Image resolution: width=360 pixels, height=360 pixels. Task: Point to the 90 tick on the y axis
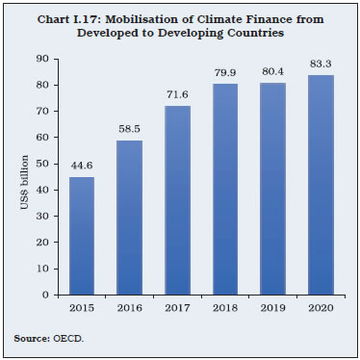click(x=43, y=59)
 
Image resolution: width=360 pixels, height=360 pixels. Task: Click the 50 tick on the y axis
click(x=43, y=164)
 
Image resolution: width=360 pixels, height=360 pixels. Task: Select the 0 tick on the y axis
click(x=46, y=295)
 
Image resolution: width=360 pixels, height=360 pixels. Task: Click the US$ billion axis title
click(x=21, y=177)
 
